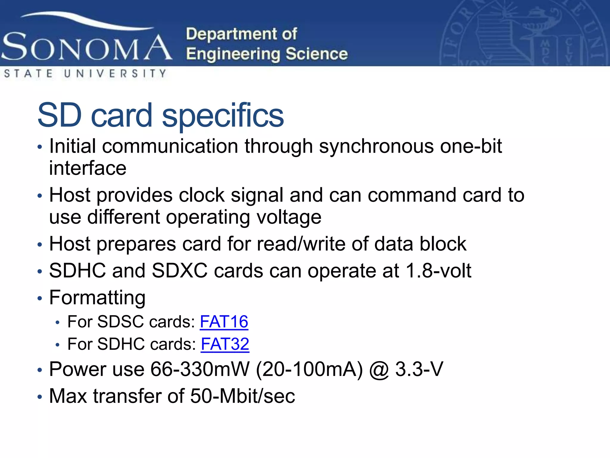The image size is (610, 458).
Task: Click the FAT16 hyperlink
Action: click(224, 322)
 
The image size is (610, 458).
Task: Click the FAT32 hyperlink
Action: click(225, 344)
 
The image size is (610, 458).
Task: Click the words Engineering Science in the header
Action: click(267, 54)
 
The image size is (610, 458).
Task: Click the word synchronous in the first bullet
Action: click(376, 146)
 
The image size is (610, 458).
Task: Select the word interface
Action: click(88, 168)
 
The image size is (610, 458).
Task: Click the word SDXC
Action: click(179, 271)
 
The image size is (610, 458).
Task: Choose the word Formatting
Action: click(97, 298)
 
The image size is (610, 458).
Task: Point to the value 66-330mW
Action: click(200, 369)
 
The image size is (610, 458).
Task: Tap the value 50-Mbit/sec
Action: click(242, 396)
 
